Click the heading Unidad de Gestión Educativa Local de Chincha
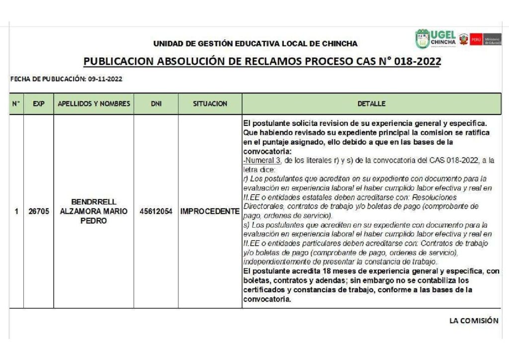coord(255,44)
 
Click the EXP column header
coord(38,104)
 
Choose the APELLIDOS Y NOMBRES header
coord(94,104)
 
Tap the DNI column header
coord(156,104)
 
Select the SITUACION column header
coord(210,104)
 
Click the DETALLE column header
coord(371,104)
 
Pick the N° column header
coord(16,104)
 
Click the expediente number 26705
coord(38,211)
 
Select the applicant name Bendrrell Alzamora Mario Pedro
coord(93,211)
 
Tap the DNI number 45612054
coord(156,211)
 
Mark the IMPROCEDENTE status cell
coord(210,211)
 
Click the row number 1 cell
coord(16,211)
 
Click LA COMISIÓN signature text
coord(473,321)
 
